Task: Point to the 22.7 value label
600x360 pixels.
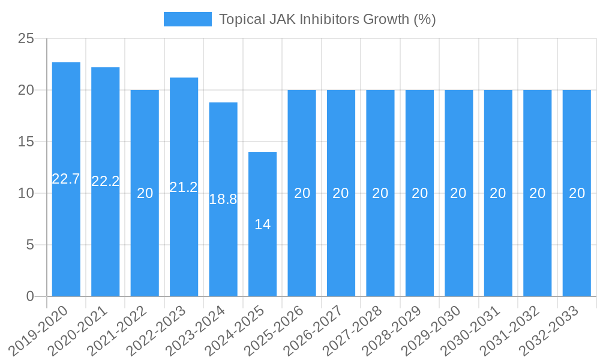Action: coord(66,179)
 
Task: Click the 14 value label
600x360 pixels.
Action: coord(263,224)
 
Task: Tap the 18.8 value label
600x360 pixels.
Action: coord(223,199)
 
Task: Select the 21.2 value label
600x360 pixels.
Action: coord(184,187)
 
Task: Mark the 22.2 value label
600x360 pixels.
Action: coord(106,181)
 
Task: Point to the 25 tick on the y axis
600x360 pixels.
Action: coord(26,39)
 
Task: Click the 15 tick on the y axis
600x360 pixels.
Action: coord(26,142)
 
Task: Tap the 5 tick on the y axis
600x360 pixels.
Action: coord(31,245)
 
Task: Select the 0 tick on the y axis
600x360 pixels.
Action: coord(31,296)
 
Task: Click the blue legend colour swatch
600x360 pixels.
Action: coord(187,19)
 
